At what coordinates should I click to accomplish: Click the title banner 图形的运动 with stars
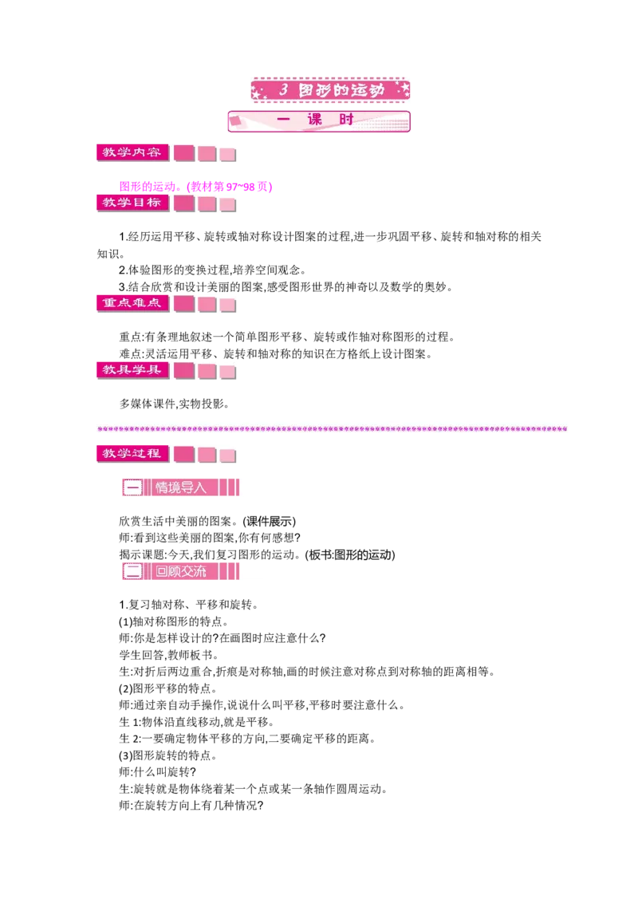pos(330,90)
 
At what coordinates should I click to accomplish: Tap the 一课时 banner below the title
pos(319,121)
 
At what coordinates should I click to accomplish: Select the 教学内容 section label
pos(132,152)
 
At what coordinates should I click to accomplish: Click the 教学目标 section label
pos(132,203)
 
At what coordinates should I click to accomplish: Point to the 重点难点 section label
pos(132,303)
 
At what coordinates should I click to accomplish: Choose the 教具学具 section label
pos(132,369)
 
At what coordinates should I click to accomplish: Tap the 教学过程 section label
pos(132,454)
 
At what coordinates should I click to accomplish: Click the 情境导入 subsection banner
pos(181,487)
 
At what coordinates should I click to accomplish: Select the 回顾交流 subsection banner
pos(181,571)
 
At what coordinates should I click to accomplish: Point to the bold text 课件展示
pos(269,521)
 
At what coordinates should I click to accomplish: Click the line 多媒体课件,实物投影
pos(175,404)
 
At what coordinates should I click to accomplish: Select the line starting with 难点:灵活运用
pos(276,353)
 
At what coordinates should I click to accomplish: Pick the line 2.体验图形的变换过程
pos(212,270)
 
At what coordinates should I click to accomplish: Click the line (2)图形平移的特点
pos(167,688)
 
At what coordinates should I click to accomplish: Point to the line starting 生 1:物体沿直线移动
pos(197,722)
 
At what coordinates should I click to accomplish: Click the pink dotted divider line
pos(333,429)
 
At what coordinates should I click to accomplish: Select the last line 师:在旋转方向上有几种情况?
pos(191,805)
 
